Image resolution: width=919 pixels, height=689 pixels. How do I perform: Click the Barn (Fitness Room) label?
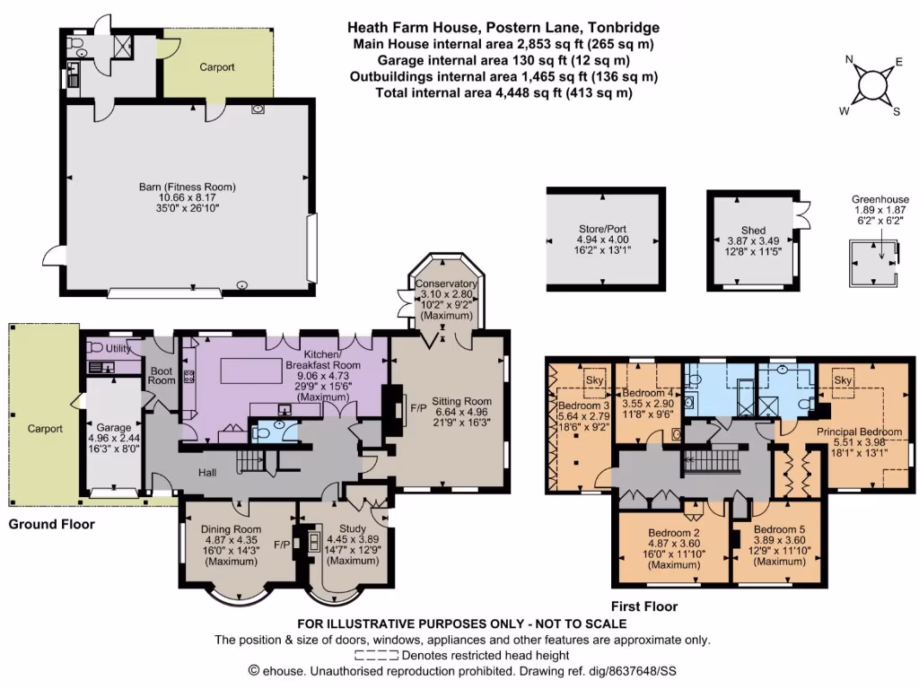pos(187,188)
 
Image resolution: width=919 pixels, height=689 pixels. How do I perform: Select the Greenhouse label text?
pos(880,200)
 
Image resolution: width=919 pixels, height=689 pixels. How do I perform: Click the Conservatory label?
pos(446,284)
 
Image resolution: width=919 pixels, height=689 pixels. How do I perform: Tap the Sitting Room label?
pos(461,401)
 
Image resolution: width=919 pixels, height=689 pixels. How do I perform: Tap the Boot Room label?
pos(162,374)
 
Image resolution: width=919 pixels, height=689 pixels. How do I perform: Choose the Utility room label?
pos(118,348)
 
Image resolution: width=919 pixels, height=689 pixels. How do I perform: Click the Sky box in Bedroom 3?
pos(593,379)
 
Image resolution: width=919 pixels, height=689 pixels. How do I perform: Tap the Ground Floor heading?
pos(51,525)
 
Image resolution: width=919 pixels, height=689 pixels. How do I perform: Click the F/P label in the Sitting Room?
pos(417,408)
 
